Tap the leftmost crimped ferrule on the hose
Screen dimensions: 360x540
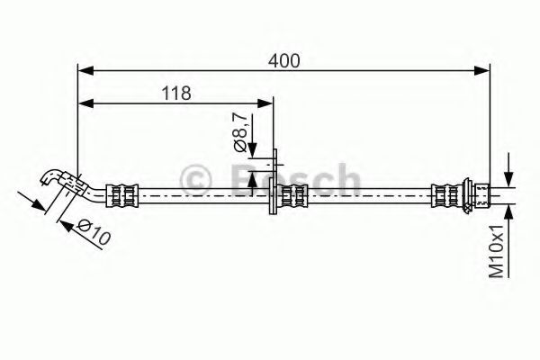[123, 193]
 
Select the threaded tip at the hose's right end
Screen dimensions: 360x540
[483, 193]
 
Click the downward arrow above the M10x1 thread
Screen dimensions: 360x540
[510, 177]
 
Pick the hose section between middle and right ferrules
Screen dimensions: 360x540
[369, 193]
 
